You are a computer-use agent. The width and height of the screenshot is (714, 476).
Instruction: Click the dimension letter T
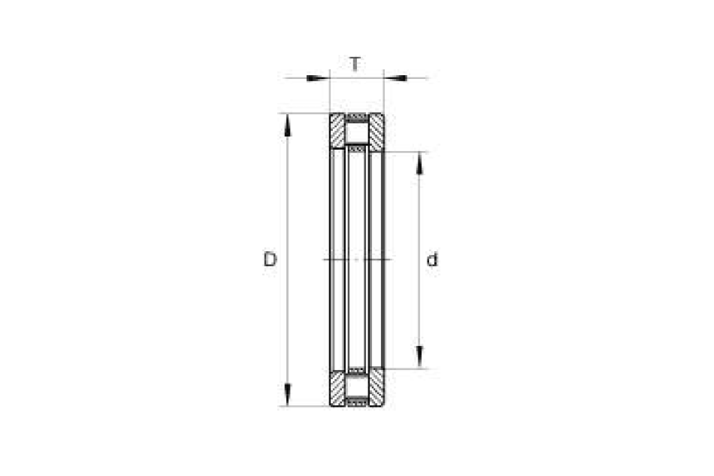[355, 64]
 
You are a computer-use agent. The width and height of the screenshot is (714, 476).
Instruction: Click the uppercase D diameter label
[270, 259]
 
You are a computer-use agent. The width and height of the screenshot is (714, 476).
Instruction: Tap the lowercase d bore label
[431, 259]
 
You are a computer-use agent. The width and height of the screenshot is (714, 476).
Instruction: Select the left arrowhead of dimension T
[318, 78]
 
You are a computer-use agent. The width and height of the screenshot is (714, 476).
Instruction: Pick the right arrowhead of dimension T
[395, 78]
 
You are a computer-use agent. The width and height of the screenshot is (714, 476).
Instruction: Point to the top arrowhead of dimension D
[287, 125]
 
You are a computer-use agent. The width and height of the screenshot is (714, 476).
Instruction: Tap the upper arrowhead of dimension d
[419, 162]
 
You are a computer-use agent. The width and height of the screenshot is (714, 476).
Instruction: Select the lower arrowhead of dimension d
[419, 356]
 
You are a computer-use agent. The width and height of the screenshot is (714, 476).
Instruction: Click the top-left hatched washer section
[337, 130]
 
